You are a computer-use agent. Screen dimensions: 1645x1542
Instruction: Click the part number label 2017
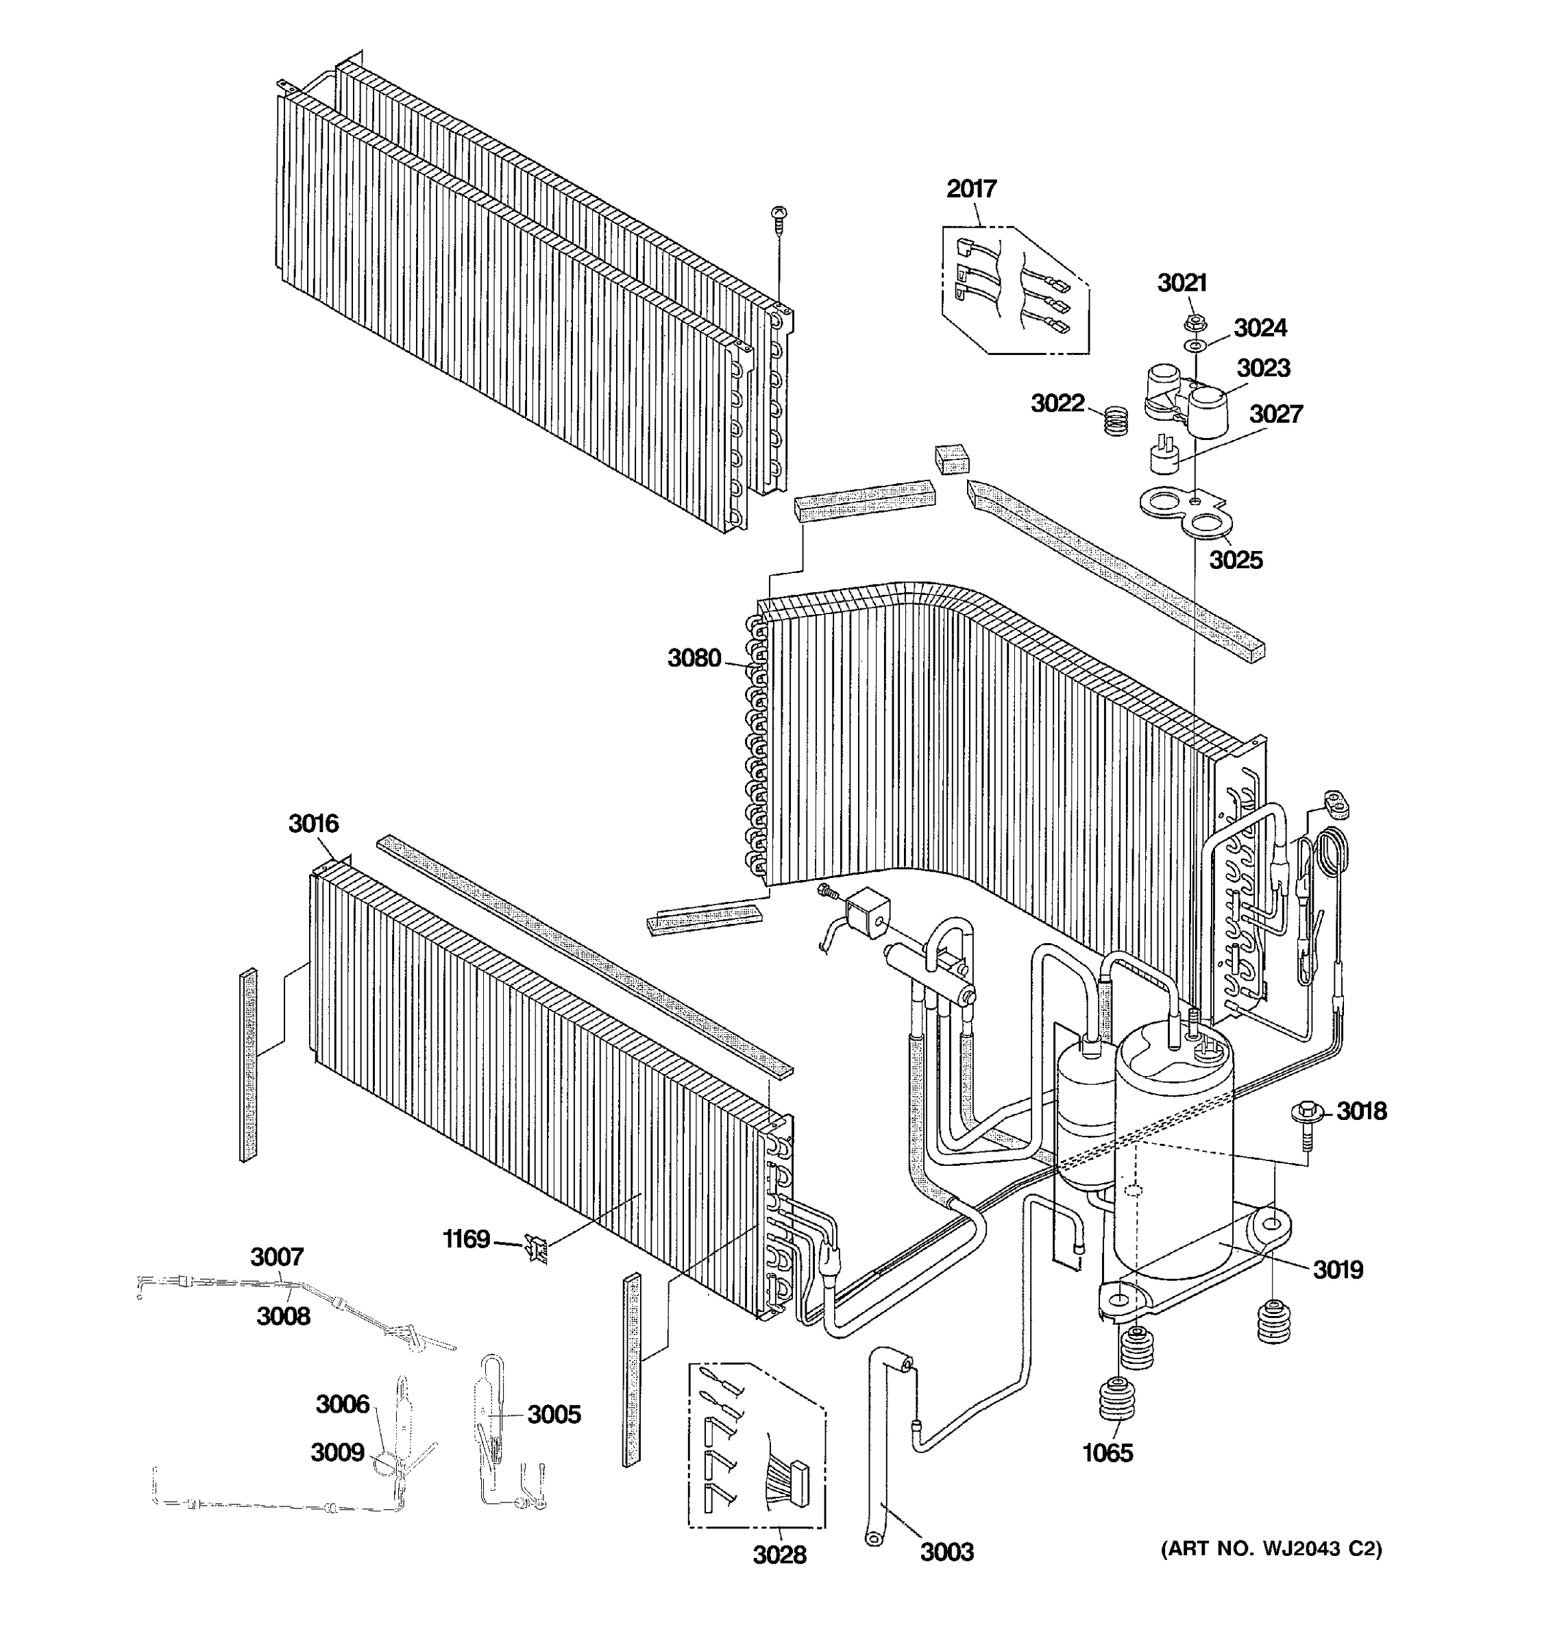[971, 188]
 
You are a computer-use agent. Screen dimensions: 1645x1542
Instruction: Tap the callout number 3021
[1182, 283]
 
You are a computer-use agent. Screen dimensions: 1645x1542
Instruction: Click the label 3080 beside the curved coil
[694, 658]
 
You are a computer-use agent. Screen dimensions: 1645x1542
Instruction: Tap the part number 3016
[313, 823]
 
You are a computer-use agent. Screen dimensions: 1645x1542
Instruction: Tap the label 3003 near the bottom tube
[946, 1552]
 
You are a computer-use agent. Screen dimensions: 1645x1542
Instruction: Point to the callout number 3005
[554, 1414]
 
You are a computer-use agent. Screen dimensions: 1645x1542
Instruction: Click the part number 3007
[277, 1257]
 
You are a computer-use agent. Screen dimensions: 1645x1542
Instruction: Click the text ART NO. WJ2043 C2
[1271, 1548]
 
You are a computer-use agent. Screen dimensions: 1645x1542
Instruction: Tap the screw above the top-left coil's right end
[779, 217]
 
